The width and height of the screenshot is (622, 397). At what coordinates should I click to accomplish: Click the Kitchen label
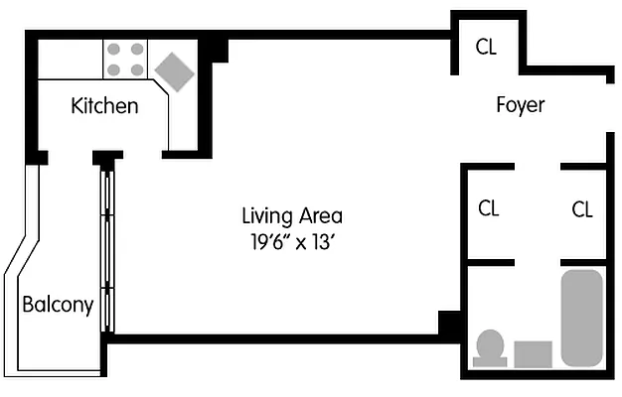pyautogui.click(x=104, y=105)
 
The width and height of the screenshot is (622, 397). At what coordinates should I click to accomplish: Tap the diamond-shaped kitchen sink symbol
pyautogui.click(x=173, y=70)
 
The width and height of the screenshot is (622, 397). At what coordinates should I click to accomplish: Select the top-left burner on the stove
pyautogui.click(x=113, y=50)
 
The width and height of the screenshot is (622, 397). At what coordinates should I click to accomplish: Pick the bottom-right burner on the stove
pyautogui.click(x=135, y=69)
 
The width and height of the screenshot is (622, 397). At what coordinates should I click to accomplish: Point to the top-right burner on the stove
pyautogui.click(x=135, y=50)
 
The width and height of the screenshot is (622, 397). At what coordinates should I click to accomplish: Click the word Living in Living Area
pyautogui.click(x=266, y=215)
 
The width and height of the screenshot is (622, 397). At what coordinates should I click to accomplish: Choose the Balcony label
pyautogui.click(x=58, y=305)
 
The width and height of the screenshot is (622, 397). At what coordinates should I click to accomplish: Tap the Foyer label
pyautogui.click(x=521, y=104)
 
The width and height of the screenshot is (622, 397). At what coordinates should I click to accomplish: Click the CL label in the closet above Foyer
pyautogui.click(x=486, y=47)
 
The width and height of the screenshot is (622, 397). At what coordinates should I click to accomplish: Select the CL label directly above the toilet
pyautogui.click(x=488, y=209)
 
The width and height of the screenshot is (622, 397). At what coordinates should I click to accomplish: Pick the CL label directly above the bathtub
pyautogui.click(x=582, y=209)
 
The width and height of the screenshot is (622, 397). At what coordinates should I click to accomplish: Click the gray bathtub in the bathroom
pyautogui.click(x=581, y=318)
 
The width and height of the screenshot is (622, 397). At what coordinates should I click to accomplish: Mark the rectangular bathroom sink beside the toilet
pyautogui.click(x=533, y=354)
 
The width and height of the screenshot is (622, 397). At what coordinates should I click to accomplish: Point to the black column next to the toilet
pyautogui.click(x=450, y=325)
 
